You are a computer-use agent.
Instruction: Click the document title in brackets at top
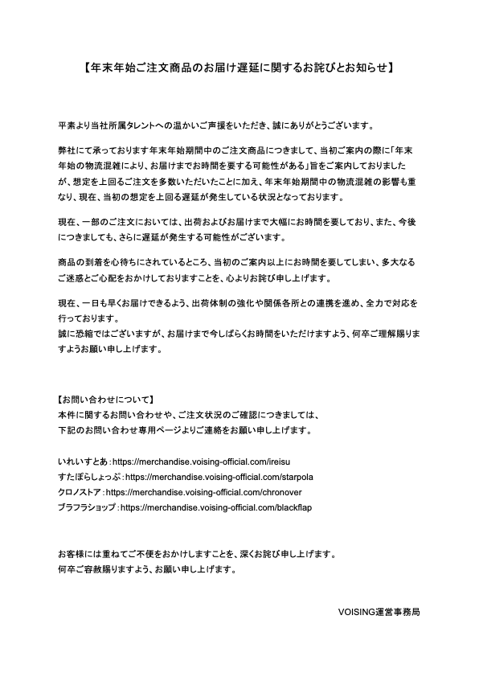[239, 69]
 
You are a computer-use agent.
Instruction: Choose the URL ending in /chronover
[208, 492]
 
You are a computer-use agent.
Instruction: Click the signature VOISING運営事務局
[380, 611]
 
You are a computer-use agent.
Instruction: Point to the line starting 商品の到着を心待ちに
[233, 264]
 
